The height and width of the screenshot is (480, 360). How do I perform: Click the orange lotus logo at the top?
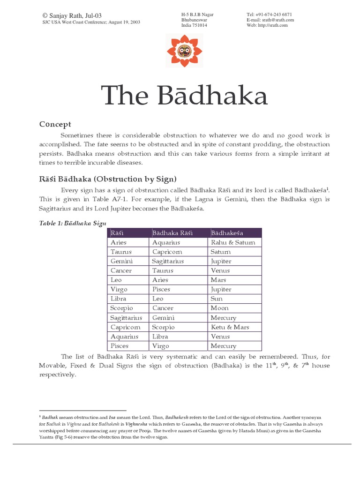(x=180, y=50)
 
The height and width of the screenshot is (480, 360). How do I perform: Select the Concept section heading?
(x=55, y=124)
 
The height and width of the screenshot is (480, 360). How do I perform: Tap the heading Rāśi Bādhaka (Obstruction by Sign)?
(x=107, y=179)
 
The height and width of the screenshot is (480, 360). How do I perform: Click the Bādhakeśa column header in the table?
(x=227, y=233)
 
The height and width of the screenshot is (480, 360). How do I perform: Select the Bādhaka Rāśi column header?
(x=172, y=233)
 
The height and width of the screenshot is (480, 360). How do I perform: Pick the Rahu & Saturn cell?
(x=233, y=242)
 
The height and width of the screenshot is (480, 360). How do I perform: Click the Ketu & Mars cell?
(x=230, y=327)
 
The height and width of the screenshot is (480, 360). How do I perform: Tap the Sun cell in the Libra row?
(x=217, y=299)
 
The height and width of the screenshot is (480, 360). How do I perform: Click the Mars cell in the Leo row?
(x=219, y=280)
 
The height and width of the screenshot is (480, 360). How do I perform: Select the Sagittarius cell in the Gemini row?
(x=168, y=261)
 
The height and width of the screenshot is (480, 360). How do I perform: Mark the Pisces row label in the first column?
(x=120, y=346)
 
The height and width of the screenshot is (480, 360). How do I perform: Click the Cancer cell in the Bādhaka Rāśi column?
(x=163, y=308)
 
